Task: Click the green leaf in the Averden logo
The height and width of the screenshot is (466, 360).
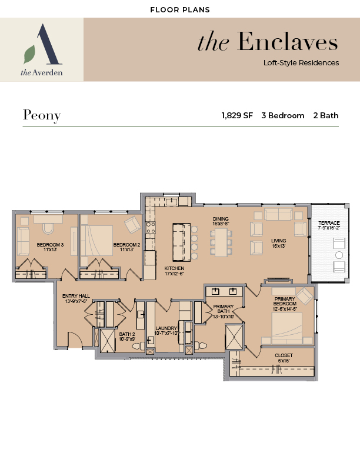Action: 29,54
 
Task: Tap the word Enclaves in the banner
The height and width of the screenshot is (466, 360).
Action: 288,42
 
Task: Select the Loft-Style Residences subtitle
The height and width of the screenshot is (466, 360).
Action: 301,63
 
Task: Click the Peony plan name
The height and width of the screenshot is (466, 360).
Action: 42,115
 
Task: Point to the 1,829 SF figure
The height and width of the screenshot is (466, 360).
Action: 237,115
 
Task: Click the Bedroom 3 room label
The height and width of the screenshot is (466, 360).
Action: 50,247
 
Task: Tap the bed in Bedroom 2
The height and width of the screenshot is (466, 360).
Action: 96,241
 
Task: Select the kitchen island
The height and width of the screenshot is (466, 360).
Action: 182,242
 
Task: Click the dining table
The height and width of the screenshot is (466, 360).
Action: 221,242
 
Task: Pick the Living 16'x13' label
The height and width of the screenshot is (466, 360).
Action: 279,243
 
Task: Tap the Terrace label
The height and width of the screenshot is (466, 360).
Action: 329,225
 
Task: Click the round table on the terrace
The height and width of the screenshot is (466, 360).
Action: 339,255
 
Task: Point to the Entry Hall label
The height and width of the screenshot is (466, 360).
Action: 76,298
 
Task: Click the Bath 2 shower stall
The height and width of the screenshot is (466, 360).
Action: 108,341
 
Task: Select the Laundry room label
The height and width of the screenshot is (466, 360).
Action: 166,331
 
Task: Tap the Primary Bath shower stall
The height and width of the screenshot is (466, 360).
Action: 234,337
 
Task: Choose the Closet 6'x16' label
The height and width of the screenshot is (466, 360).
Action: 284,358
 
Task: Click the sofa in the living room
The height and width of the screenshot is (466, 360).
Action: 278,214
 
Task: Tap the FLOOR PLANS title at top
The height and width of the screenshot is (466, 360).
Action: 180,10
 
